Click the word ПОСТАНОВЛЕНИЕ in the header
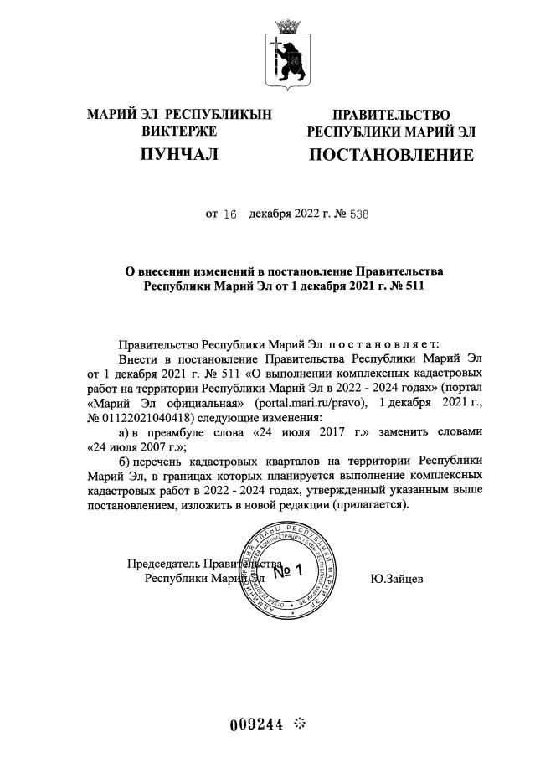tap(391, 155)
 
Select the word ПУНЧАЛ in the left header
tap(178, 154)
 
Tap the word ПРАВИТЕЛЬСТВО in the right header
tap(391, 115)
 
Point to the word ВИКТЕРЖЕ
tap(179, 131)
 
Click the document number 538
tap(357, 214)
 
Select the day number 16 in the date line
tap(232, 214)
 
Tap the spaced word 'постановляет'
tap(385, 343)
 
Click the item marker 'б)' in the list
tap(126, 462)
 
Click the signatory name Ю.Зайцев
tap(395, 578)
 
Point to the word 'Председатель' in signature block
tap(163, 564)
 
